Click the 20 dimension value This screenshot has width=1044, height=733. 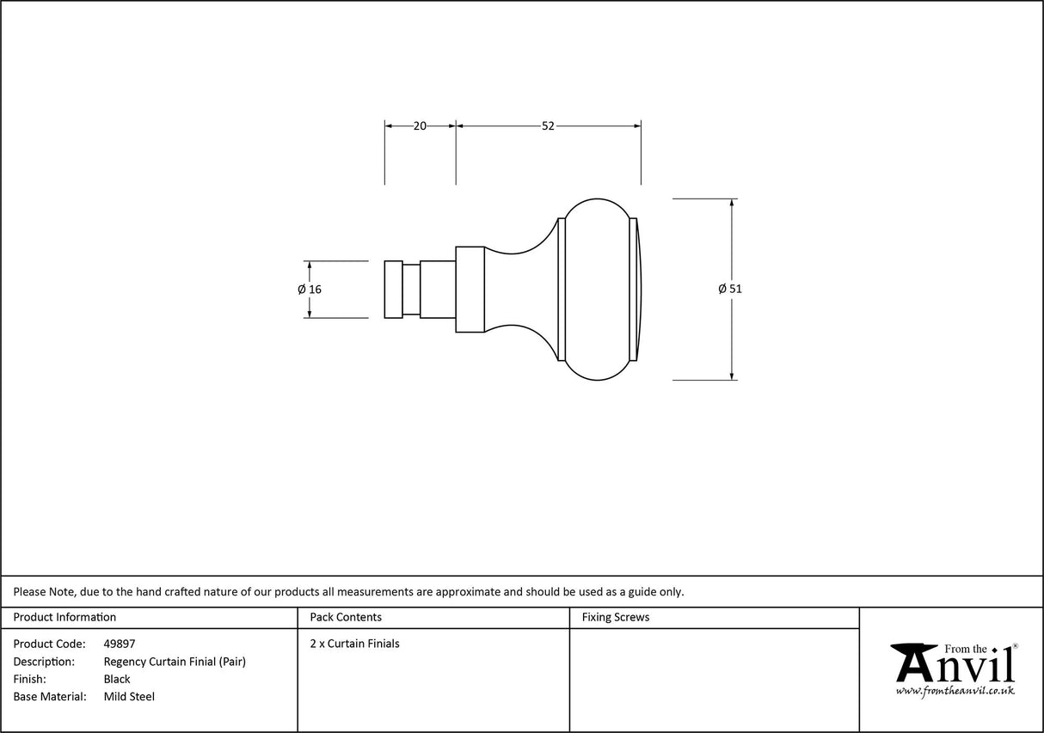point(420,125)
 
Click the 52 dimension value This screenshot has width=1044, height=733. point(548,125)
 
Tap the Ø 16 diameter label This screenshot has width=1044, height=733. point(310,290)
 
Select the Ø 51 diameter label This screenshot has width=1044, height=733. point(730,289)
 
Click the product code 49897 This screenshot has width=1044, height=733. point(120,644)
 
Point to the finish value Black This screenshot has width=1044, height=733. point(117,679)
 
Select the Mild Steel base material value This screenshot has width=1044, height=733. point(129,697)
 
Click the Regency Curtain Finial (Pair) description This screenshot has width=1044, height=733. point(175,662)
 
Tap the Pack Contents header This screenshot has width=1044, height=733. point(346,617)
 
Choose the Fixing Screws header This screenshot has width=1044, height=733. point(616,617)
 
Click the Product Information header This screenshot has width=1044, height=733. point(64,617)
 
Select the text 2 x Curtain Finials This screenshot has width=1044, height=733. point(354,644)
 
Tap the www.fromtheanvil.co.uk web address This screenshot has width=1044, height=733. point(955,691)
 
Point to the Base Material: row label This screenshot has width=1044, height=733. point(50,697)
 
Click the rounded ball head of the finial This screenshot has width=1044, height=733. point(598,290)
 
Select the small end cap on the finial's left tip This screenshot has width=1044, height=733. point(393,290)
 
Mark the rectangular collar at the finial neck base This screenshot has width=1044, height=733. point(470,290)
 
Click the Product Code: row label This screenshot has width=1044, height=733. point(49,644)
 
